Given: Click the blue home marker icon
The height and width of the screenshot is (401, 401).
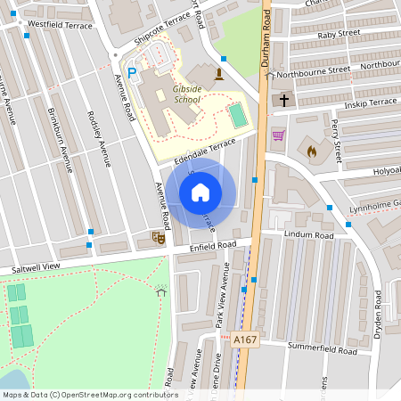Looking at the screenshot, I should point(200,192).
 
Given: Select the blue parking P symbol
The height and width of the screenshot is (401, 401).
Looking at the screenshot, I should point(133,73).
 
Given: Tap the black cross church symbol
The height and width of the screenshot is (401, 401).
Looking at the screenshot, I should point(284,100).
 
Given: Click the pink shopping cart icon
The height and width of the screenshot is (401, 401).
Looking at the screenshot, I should point(278,135).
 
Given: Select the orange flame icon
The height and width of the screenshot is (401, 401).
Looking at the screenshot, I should point(311,151).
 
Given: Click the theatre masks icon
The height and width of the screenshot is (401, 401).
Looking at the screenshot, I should point(158,237).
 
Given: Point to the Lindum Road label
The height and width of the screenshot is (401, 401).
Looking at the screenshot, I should point(308,235).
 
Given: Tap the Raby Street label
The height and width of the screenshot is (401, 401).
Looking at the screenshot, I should point(338,34).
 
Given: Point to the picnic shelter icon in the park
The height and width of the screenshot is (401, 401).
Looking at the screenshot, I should point(161,291).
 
